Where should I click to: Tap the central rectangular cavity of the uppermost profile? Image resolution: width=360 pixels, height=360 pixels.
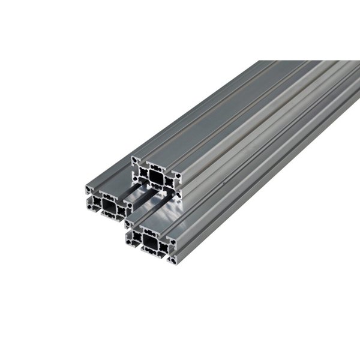(156, 177)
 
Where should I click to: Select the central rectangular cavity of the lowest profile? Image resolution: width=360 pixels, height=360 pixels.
(150, 241)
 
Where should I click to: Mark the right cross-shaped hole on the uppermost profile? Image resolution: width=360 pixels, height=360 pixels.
(170, 182)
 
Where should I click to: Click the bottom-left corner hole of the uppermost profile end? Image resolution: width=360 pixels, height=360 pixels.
(136, 178)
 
